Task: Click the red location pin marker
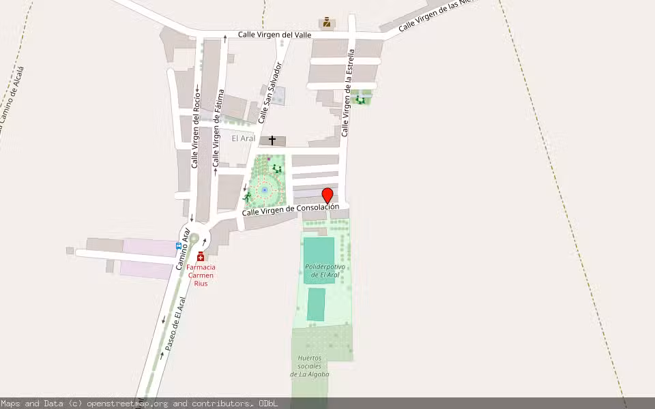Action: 327,195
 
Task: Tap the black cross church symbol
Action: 272,140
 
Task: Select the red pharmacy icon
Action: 200,256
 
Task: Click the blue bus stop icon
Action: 179,245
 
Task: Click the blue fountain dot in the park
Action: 265,190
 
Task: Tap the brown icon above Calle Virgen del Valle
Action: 327,22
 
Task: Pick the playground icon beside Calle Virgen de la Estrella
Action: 360,100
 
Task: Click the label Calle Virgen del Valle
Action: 274,35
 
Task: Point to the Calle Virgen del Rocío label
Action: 196,130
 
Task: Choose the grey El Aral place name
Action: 244,138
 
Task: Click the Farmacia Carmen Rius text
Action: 201,275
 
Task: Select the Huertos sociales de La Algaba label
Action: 313,366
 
